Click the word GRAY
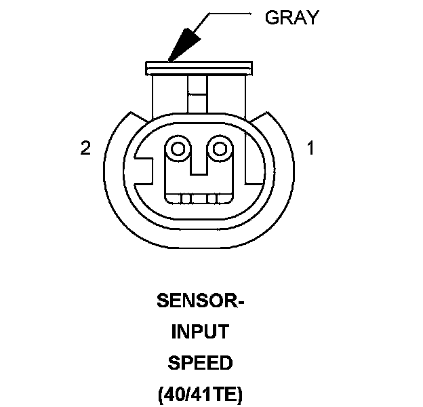pyautogui.click(x=291, y=18)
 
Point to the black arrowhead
pyautogui.click(x=182, y=42)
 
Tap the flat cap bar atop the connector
pyautogui.click(x=199, y=68)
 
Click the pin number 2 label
pyautogui.click(x=85, y=149)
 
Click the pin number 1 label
pyautogui.click(x=311, y=149)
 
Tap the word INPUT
pyautogui.click(x=199, y=332)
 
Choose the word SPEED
pyautogui.click(x=199, y=364)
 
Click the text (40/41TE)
pyautogui.click(x=199, y=395)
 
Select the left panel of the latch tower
pyautogui.click(x=169, y=95)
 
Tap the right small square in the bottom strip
pyautogui.click(x=212, y=199)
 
